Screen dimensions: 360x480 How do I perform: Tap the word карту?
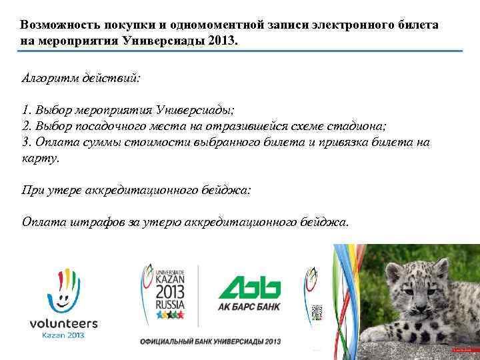pyautogui.click(x=40, y=159)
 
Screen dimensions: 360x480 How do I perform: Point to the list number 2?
pyautogui.click(x=25, y=125)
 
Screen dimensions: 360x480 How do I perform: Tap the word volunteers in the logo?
pyautogui.click(x=63, y=323)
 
